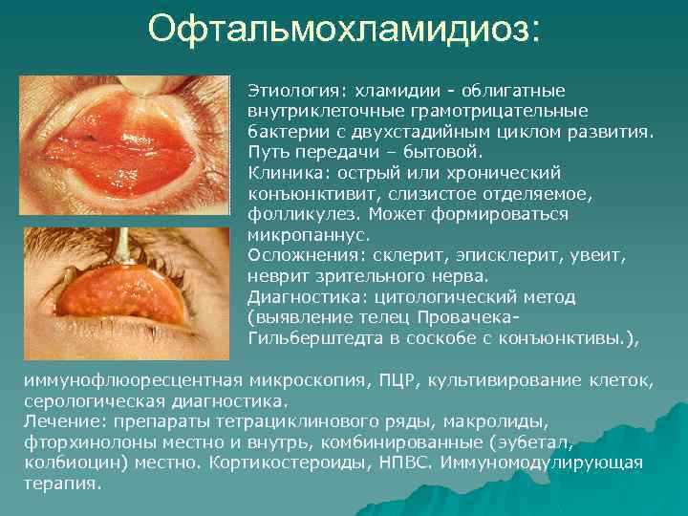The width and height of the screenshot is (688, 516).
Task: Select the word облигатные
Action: [513, 90]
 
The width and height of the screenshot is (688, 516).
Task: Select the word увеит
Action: [598, 255]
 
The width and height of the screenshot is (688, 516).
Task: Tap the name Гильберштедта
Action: [311, 338]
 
